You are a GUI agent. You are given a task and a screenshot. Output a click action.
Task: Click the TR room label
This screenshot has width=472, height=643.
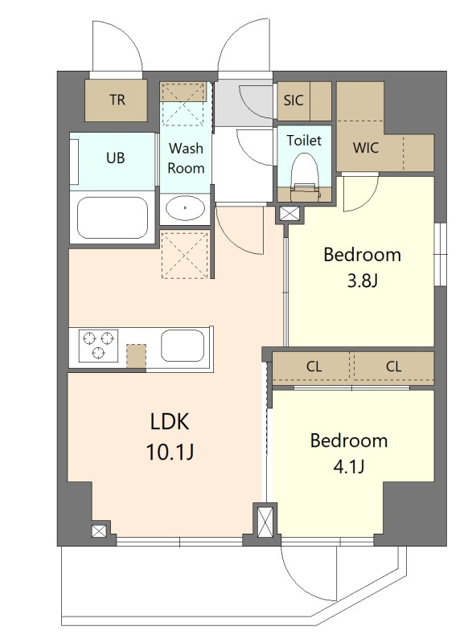click(x=117, y=100)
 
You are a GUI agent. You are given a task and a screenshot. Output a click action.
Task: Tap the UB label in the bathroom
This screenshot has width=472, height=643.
click(x=115, y=158)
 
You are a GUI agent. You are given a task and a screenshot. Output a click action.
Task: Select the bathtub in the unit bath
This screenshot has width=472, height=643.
click(x=113, y=218)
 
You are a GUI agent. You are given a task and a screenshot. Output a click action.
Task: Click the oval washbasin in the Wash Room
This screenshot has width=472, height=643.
click(x=186, y=208)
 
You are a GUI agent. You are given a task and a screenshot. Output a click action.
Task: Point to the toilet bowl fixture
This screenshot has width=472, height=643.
click(x=304, y=176)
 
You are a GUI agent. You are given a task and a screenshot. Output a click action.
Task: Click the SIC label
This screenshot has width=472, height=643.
click(x=293, y=100)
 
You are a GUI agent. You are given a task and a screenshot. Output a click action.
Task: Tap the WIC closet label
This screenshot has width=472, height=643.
click(x=366, y=148)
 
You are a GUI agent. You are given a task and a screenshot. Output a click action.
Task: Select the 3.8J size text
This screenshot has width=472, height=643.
click(x=362, y=281)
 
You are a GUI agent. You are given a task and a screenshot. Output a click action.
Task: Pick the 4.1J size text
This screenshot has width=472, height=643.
click(x=348, y=467)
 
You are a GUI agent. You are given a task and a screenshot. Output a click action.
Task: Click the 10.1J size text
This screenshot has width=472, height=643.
click(x=170, y=452)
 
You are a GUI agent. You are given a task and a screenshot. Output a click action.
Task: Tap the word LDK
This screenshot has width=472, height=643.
click(x=170, y=421)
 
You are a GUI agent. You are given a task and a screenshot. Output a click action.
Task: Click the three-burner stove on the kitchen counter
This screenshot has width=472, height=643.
click(x=98, y=346)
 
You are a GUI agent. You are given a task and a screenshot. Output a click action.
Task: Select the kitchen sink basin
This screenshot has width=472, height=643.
click(x=183, y=346)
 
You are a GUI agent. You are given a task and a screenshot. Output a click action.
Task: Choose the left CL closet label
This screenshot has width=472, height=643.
click(x=314, y=367)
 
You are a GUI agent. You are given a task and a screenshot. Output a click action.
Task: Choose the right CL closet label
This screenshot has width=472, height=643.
click(x=393, y=367)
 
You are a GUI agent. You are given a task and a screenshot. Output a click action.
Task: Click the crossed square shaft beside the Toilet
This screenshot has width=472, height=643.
click(x=289, y=214)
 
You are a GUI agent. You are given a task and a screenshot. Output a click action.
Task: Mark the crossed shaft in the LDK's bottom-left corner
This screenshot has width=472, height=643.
click(x=99, y=532)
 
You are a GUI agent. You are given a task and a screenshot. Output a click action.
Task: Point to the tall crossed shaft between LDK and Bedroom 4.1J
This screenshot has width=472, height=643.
click(x=265, y=521)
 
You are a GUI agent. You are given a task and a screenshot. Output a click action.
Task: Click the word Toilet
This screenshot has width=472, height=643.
click(x=304, y=140)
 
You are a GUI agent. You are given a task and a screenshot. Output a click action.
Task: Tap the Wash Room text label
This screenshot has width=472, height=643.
click(x=186, y=158)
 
